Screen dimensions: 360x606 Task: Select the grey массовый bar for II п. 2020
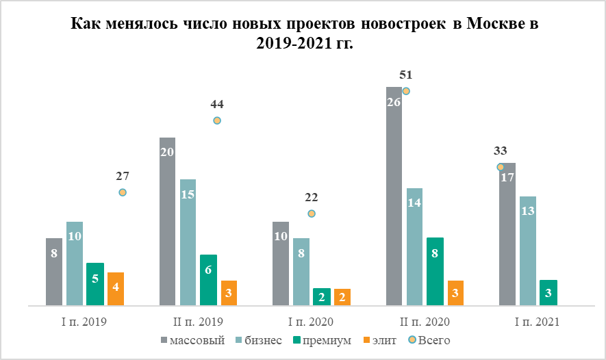(394, 198)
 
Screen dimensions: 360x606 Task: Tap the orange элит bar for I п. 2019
(116, 289)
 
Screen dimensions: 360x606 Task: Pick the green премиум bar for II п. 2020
(435, 271)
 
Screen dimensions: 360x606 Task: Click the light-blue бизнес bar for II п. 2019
(188, 242)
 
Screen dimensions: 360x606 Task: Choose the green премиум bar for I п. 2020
(322, 296)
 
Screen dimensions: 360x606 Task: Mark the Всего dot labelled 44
(217, 120)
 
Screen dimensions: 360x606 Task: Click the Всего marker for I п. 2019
(123, 192)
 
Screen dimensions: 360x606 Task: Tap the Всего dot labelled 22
(312, 214)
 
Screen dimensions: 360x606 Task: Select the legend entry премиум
(323, 340)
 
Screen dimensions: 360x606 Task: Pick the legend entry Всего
(427, 340)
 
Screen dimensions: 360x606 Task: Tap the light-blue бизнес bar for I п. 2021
(528, 250)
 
